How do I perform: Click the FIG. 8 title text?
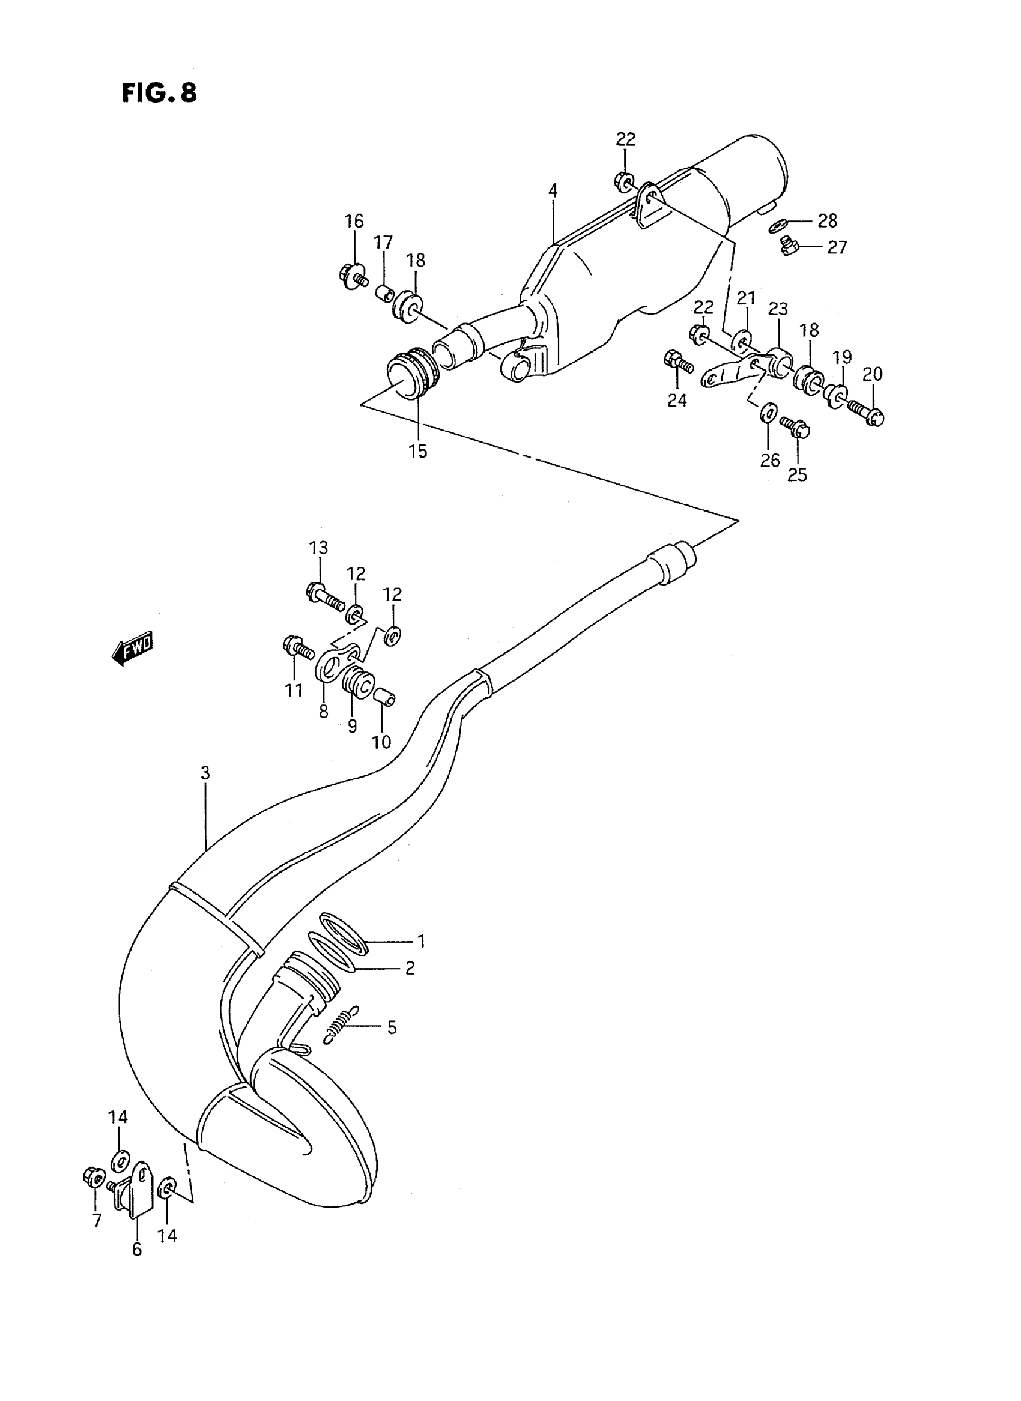click(159, 92)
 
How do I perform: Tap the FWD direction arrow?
click(132, 649)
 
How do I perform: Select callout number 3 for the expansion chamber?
click(205, 772)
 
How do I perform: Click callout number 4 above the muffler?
click(553, 191)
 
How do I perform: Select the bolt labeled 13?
click(324, 596)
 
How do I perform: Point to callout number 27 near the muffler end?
click(837, 247)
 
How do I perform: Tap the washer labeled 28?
click(778, 226)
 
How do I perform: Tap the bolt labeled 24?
click(677, 361)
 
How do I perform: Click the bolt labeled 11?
click(298, 649)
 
